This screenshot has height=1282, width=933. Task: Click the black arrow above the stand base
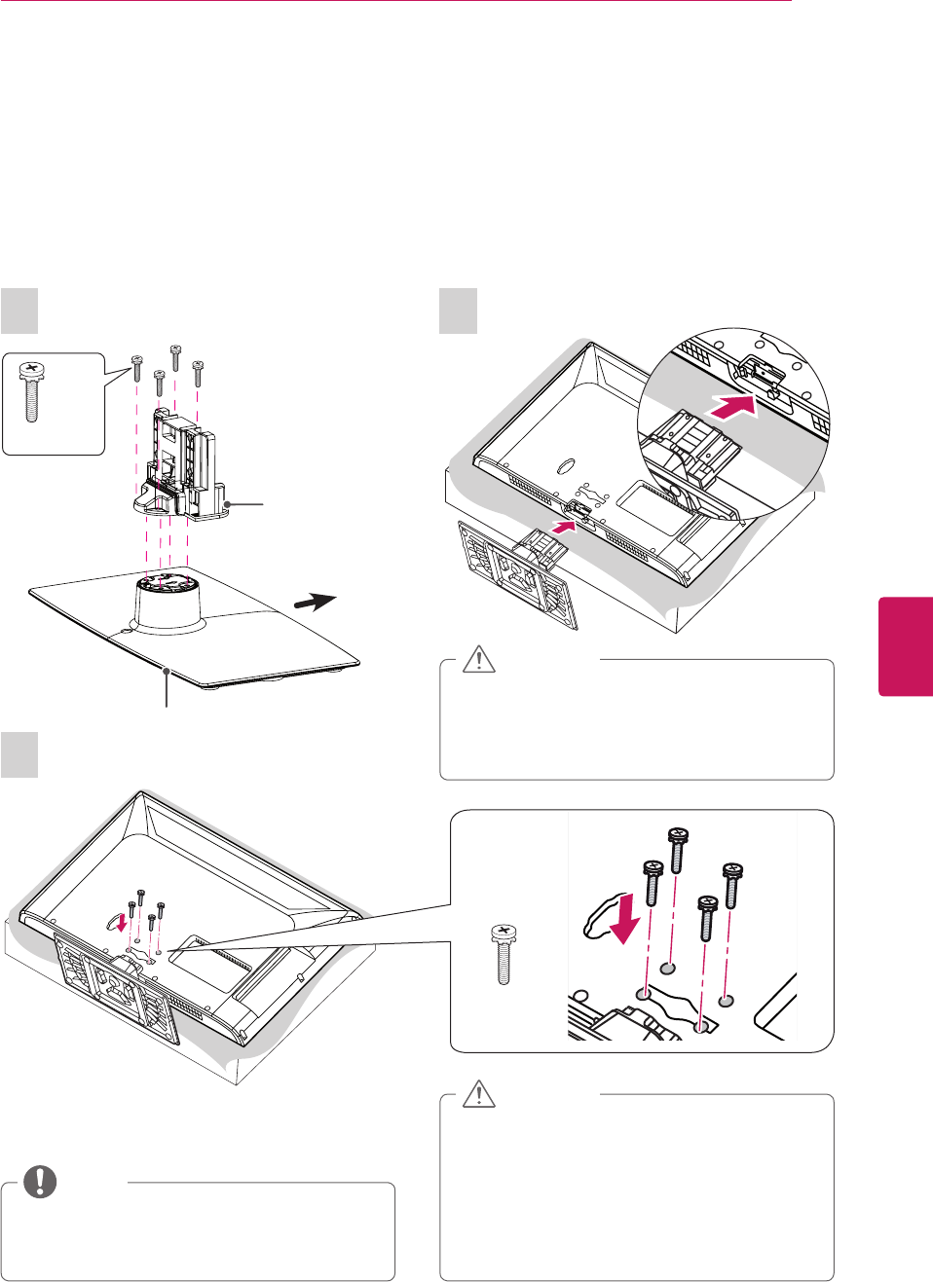316,603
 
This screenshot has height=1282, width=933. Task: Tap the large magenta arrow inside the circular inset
733,406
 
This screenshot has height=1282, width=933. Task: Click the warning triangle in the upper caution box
478,660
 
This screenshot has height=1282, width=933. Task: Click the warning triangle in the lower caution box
478,1094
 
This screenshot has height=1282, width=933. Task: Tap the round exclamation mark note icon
40,1181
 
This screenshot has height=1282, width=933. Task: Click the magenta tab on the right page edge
907,647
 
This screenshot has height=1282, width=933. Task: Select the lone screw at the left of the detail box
504,954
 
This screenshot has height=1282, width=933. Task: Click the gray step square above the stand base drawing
19,311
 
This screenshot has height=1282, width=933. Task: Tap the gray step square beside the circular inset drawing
458,311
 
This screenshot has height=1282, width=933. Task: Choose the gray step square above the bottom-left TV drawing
19,754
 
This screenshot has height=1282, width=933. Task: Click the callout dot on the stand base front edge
168,671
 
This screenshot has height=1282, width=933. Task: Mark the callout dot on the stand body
227,503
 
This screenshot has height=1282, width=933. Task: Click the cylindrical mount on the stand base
167,604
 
